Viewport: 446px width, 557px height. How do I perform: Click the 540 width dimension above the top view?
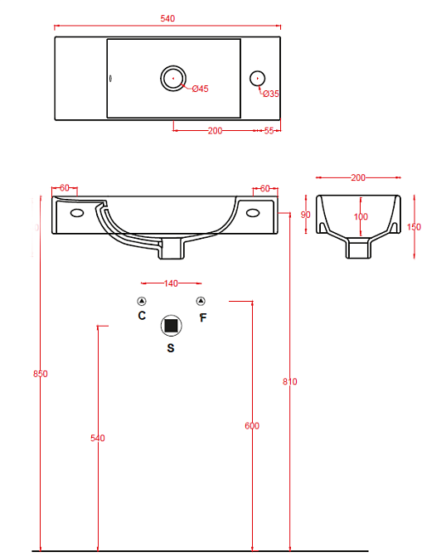(x=167, y=18)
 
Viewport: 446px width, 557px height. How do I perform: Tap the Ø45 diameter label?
(x=200, y=89)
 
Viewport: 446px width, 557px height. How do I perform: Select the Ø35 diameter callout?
(x=271, y=94)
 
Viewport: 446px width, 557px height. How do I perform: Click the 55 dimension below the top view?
(x=269, y=131)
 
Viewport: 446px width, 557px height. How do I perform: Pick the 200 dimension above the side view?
(x=358, y=177)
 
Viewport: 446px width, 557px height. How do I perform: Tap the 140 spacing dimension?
(x=171, y=283)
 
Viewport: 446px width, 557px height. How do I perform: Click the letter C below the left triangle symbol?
(x=142, y=316)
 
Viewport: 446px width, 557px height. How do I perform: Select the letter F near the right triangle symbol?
(x=202, y=317)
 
